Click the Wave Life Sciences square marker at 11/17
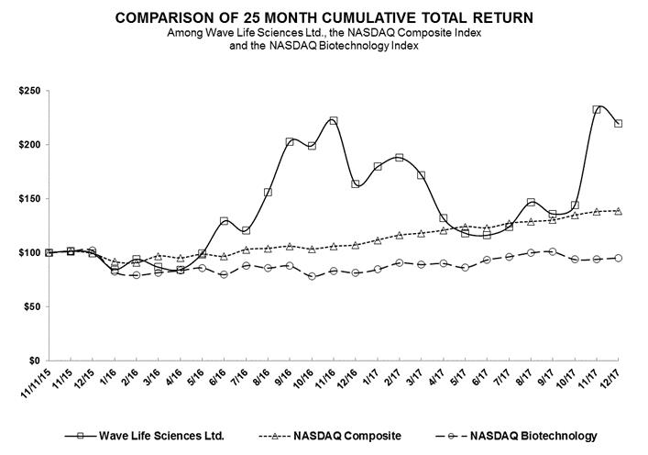click(x=597, y=109)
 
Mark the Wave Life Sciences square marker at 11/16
click(x=333, y=121)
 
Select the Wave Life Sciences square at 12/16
click(x=355, y=184)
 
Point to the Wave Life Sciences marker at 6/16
click(x=224, y=221)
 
